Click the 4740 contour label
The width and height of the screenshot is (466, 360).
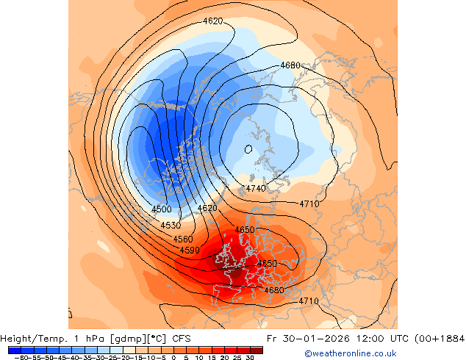pyautogui.click(x=256, y=189)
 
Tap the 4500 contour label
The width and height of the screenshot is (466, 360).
pyautogui.click(x=161, y=209)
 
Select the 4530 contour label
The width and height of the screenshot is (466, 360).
pyautogui.click(x=171, y=226)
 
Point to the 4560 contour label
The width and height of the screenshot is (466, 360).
pyautogui.click(x=183, y=240)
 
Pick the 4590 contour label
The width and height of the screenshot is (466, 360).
pyautogui.click(x=190, y=251)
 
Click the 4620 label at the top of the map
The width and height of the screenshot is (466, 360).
pyautogui.click(x=212, y=21)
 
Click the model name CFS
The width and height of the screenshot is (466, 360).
pyautogui.click(x=182, y=339)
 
